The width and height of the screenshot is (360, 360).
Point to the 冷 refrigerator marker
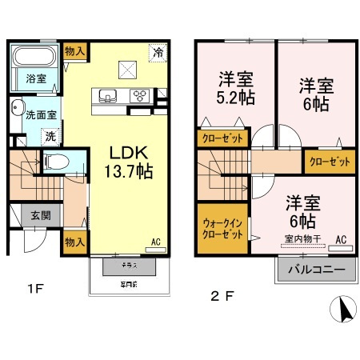[158, 52]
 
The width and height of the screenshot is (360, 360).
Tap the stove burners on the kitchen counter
[139, 96]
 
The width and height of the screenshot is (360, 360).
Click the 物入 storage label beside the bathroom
[75, 50]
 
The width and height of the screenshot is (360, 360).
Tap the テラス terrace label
[127, 264]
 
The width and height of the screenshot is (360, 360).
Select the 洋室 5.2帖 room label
[237, 89]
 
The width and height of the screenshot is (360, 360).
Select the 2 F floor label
[222, 296]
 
